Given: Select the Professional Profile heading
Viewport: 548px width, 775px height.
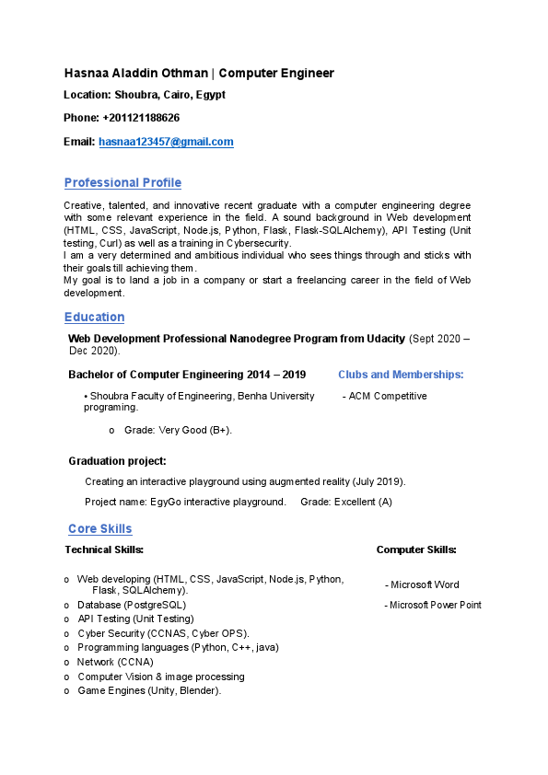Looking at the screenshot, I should (x=122, y=182).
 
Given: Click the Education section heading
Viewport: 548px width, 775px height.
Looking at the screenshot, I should (x=94, y=317).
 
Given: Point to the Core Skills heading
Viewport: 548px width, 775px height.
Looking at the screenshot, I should (x=100, y=528).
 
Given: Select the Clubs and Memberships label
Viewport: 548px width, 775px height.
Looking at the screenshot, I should (x=401, y=375).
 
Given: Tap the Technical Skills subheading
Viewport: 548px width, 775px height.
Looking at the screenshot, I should (x=104, y=549).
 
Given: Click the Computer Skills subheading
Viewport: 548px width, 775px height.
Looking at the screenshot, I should (x=416, y=549).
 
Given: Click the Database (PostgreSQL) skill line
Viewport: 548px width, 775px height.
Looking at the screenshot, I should (x=132, y=605).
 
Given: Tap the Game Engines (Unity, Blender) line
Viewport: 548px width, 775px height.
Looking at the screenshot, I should (x=149, y=690).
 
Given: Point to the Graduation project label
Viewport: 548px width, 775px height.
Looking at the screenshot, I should (x=117, y=461).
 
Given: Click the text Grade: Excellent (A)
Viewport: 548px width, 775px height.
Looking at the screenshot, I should (x=346, y=502).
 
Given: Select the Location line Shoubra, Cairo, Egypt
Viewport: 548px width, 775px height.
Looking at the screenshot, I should (x=145, y=95).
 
